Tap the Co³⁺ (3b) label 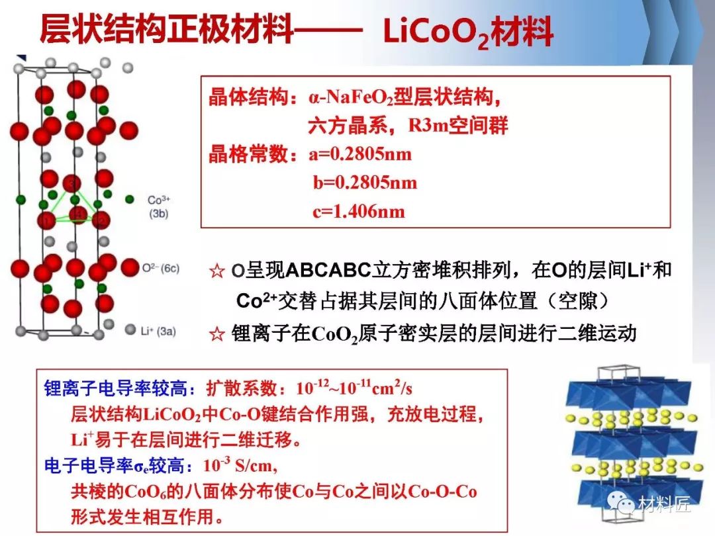click(159, 206)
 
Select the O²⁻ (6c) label click(160, 269)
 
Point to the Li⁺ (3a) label click(158, 331)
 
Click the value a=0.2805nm click(360, 154)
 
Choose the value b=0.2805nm click(365, 183)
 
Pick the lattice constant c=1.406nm click(359, 211)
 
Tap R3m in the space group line click(428, 125)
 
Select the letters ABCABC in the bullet click(328, 270)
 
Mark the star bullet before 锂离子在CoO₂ click(216, 334)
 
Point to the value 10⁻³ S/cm click(240, 465)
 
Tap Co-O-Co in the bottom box click(442, 491)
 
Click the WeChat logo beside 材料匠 click(621, 503)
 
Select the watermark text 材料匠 click(665, 504)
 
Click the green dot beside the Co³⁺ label click(130, 199)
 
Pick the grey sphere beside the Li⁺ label click(130, 329)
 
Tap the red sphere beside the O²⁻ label click(130, 267)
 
